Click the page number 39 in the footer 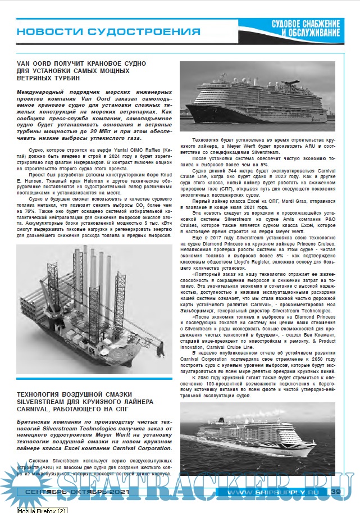pyautogui.click(x=336, y=491)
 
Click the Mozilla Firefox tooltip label pyautogui.click(x=42, y=509)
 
